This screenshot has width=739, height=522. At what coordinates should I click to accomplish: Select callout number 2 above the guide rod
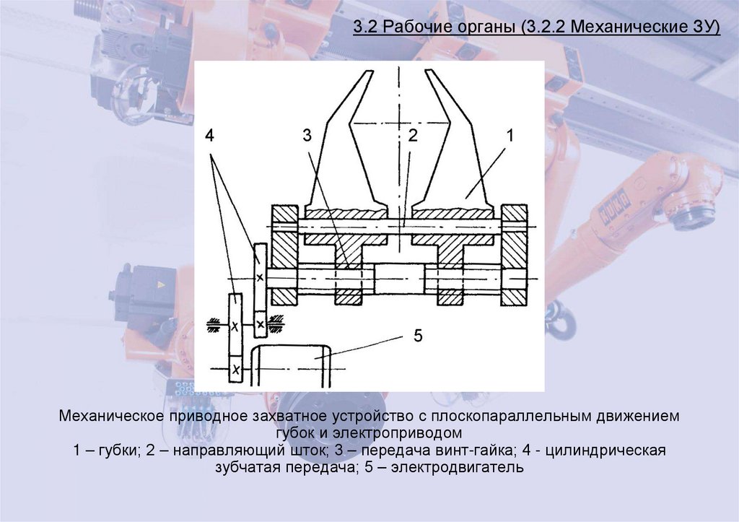[412, 136]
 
